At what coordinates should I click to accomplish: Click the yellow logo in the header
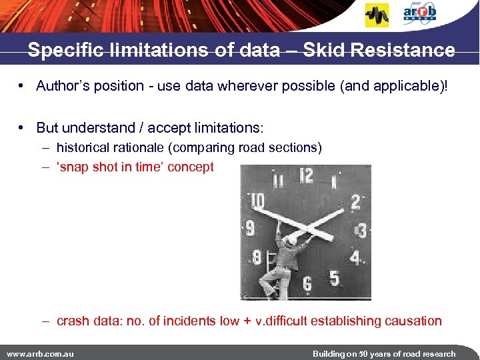point(377,15)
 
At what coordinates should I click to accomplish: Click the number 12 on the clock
point(306,176)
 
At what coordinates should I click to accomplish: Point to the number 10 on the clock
point(257,201)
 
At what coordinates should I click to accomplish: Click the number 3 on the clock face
point(361,231)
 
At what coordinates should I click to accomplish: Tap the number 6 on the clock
point(307,284)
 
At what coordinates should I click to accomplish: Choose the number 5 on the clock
point(334,277)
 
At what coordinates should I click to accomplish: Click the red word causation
point(413,321)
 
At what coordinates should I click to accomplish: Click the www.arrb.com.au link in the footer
point(40,353)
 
